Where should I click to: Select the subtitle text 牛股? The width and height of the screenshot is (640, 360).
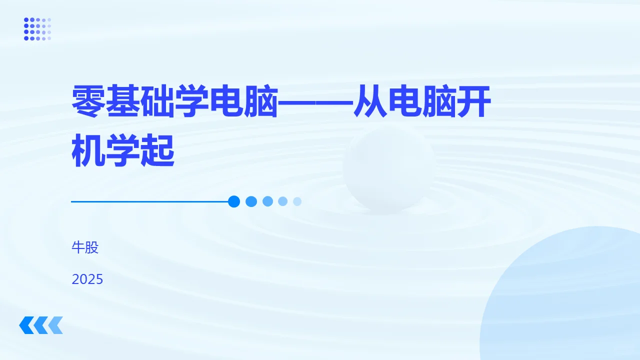(85, 247)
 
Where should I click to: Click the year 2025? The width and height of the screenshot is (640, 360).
(87, 279)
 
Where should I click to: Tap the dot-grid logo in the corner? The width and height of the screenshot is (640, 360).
(37, 29)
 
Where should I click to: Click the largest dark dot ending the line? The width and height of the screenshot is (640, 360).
(233, 201)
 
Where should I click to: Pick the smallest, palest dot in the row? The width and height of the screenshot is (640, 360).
(297, 201)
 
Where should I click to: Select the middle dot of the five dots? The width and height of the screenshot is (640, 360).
(267, 201)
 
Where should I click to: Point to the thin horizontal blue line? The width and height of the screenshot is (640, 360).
(150, 201)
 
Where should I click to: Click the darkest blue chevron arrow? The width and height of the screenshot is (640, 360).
(25, 325)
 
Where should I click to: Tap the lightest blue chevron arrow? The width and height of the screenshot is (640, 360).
(56, 325)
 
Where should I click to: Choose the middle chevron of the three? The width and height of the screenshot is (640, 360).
(40, 325)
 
